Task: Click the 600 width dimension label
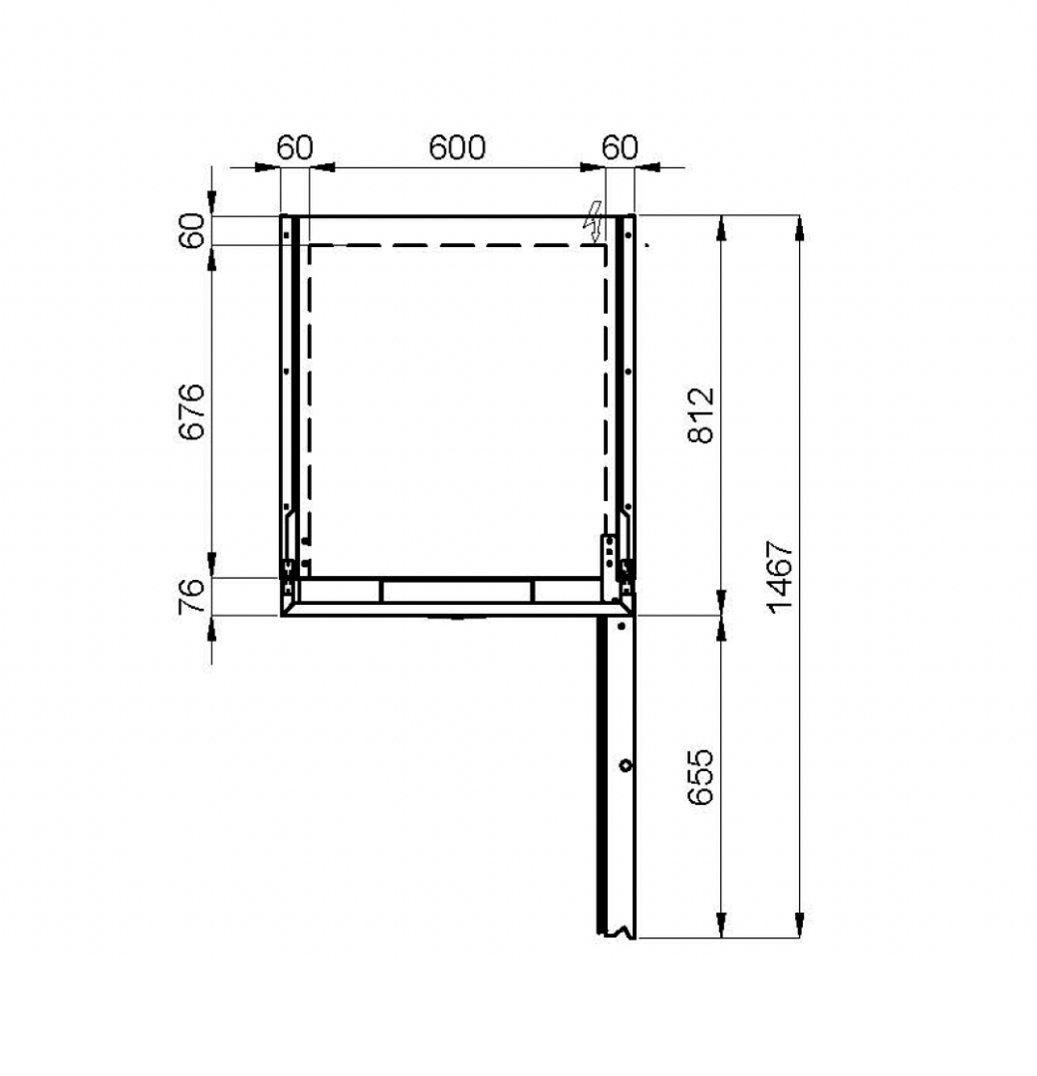tap(457, 147)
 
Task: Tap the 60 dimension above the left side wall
tap(295, 147)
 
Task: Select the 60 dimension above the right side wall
tap(620, 147)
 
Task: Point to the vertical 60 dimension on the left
tap(192, 230)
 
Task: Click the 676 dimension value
tap(192, 411)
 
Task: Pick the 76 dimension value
tap(192, 596)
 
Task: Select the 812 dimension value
tap(701, 415)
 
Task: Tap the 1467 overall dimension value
tap(780, 577)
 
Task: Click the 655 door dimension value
tap(701, 777)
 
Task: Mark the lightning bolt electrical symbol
tap(593, 221)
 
